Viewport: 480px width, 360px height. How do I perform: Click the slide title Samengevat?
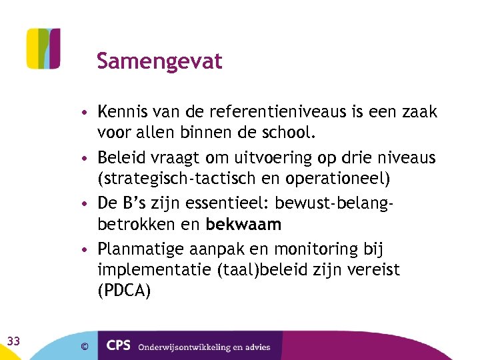point(159,61)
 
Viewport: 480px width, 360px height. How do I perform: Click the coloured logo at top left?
point(43,48)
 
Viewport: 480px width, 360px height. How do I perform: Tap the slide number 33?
point(13,341)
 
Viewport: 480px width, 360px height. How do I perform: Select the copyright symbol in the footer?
point(84,346)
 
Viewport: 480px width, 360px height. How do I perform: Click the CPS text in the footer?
point(118,346)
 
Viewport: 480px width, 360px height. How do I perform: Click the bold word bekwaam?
point(243,224)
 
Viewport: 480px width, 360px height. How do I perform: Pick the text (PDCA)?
point(124,291)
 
